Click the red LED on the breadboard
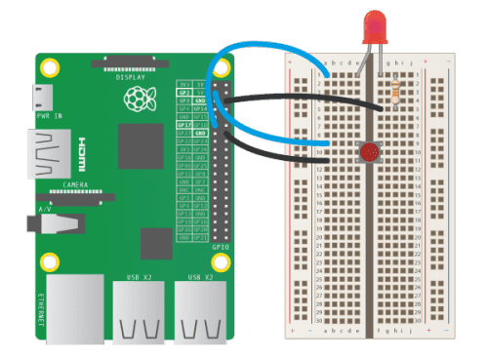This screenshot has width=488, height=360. coord(373,27)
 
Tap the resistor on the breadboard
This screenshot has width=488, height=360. coord(394,90)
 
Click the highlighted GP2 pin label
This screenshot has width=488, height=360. coord(183,91)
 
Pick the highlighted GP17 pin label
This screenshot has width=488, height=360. coord(183,125)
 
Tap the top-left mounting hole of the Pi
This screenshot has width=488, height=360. coord(53,66)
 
